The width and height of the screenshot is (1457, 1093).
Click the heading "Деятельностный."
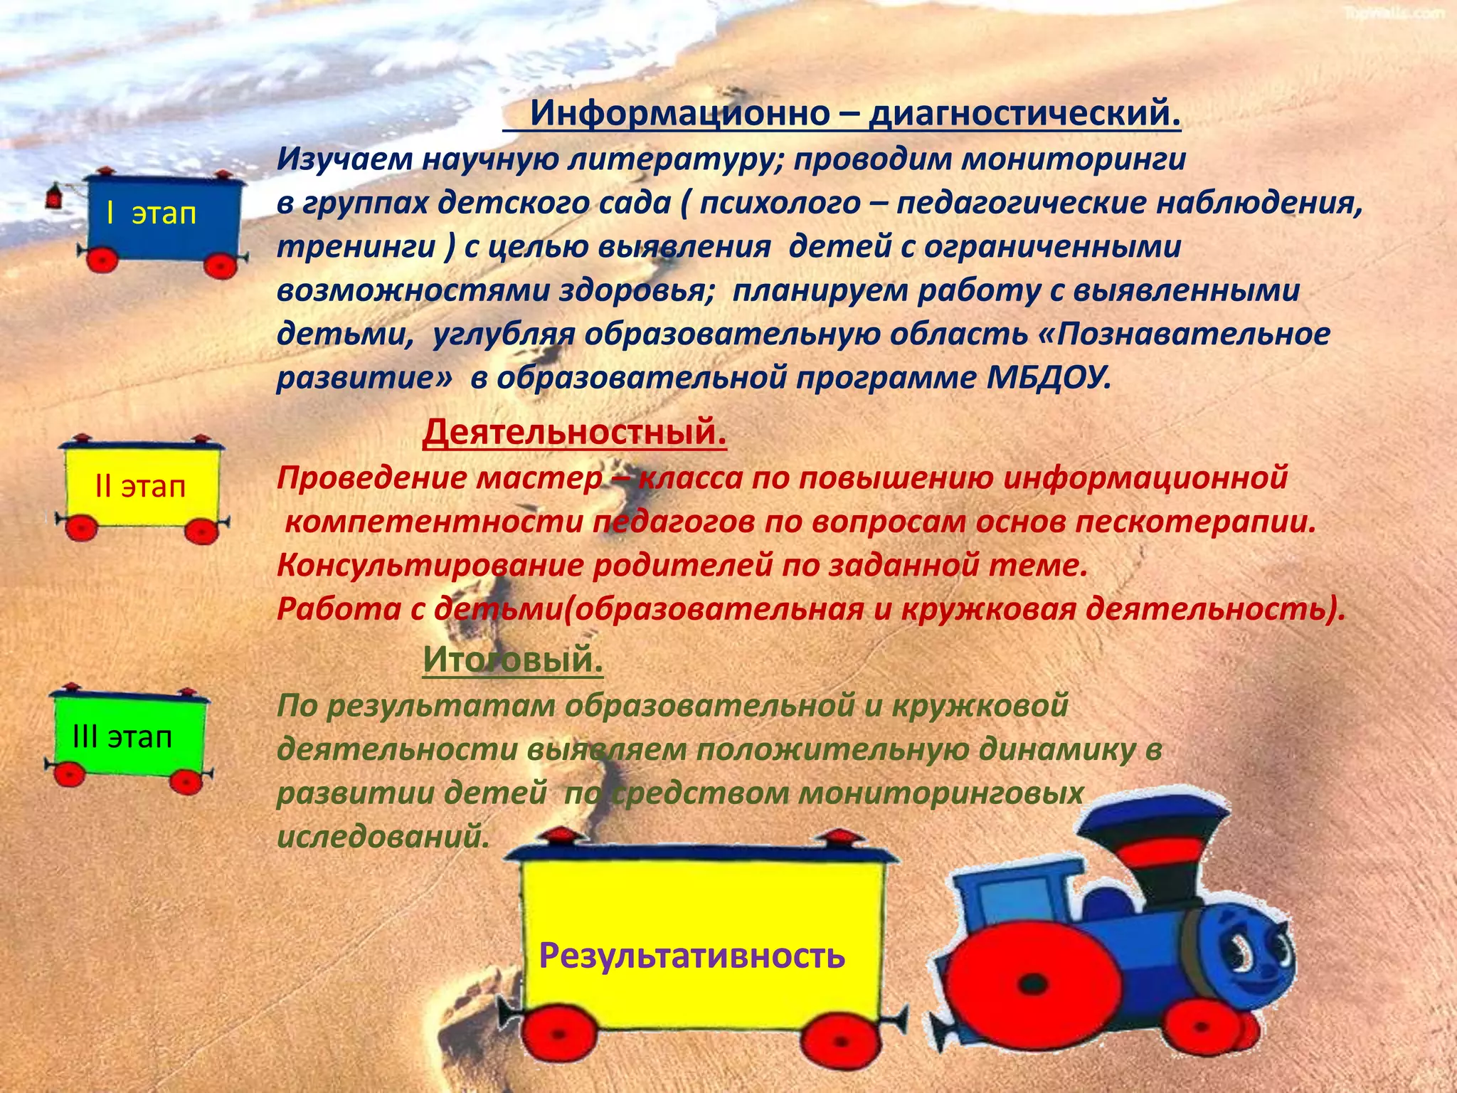574,432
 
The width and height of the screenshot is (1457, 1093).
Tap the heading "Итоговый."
512,659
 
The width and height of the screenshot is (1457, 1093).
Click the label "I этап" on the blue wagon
151,213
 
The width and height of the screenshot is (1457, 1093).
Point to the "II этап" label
140,486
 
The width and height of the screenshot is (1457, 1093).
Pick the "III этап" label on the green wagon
122,736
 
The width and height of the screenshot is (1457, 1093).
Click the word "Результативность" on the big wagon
692,955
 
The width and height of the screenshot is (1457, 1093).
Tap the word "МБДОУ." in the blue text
1049,377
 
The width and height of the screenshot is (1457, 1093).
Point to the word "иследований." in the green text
383,837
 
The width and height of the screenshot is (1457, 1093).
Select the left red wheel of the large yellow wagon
561,1033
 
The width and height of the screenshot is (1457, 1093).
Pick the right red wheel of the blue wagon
221,264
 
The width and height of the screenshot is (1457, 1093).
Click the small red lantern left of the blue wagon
55,196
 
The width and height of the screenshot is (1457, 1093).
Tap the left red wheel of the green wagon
69,773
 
